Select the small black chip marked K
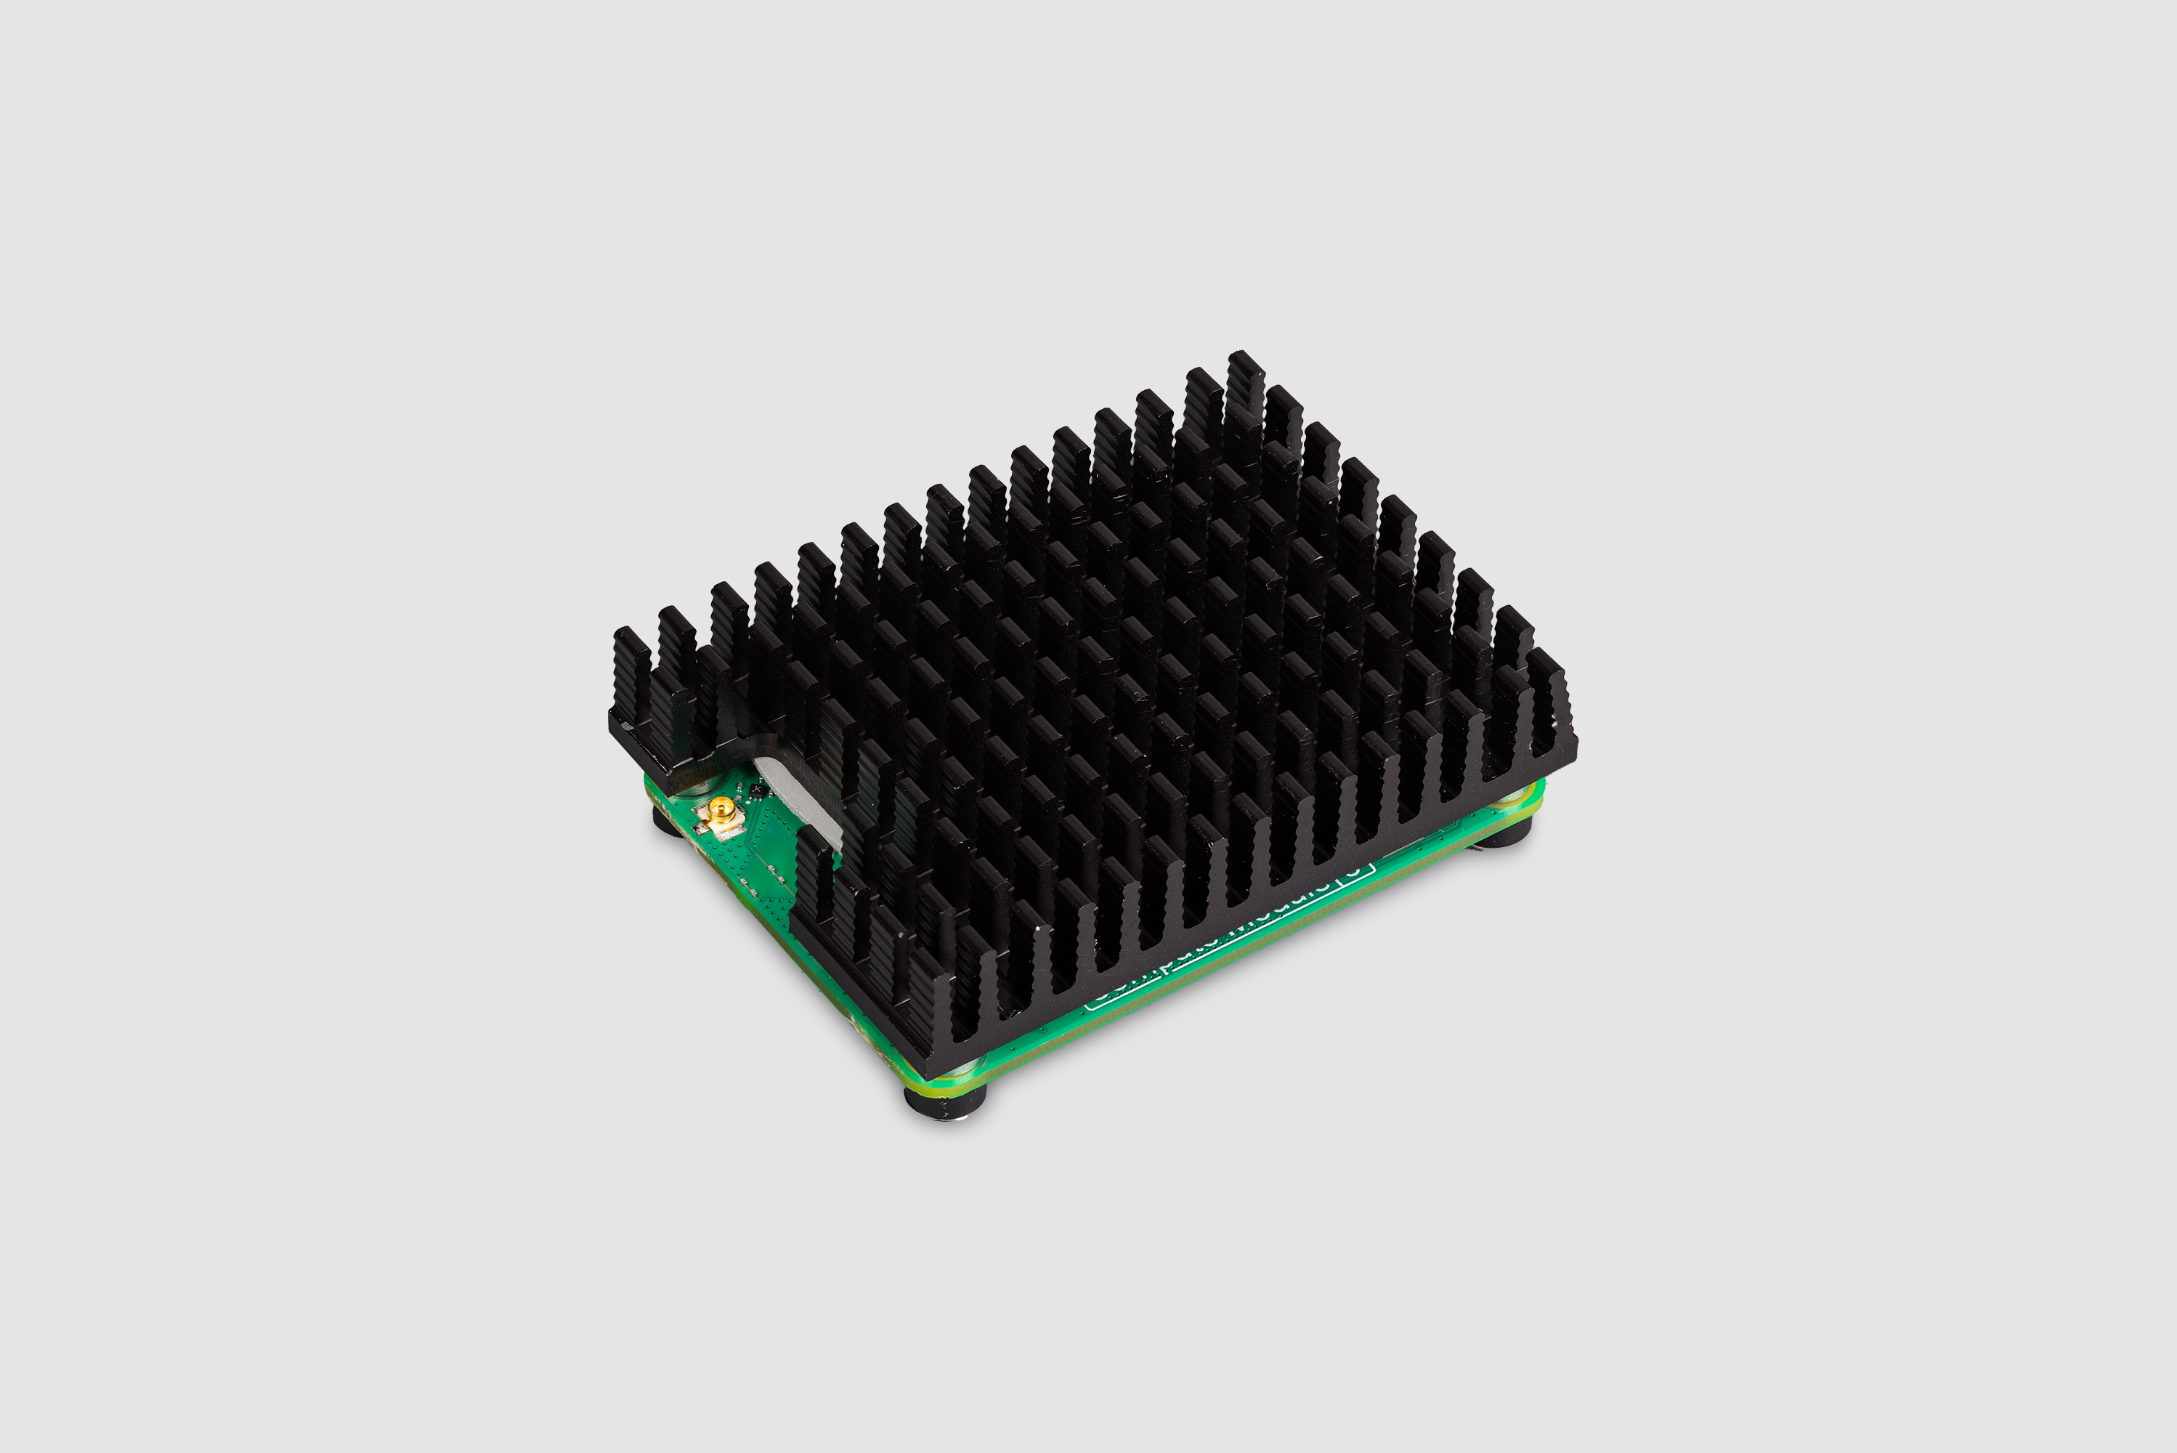758,791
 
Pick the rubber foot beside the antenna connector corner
669,821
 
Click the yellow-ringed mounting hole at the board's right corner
1524,795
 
